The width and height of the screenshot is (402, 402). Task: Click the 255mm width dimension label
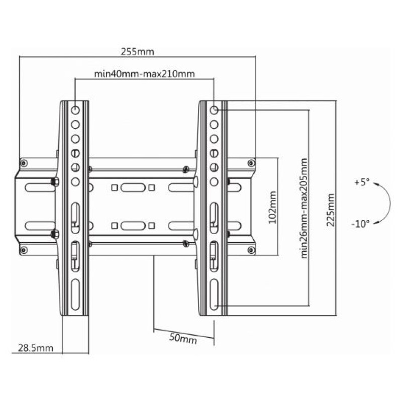point(137,51)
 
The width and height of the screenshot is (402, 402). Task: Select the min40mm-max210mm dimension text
point(144,74)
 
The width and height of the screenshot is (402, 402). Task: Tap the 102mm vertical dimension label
point(272,207)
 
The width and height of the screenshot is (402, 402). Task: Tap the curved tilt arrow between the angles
point(387,203)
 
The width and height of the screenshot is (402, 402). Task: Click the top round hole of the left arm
point(75,110)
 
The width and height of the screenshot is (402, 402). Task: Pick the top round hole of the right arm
point(214,110)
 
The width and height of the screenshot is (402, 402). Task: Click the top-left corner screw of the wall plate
point(24,162)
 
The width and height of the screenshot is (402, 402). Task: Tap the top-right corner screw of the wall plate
point(251,162)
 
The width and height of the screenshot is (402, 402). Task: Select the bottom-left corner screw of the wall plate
point(24,250)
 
